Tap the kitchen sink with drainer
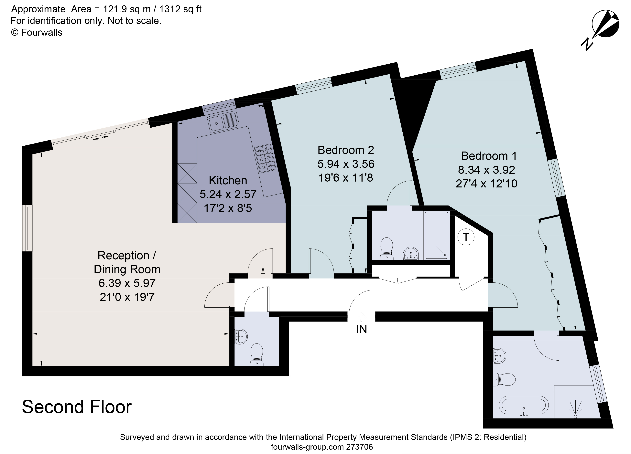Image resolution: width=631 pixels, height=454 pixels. pyautogui.click(x=223, y=121)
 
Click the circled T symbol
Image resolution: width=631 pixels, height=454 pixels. pyautogui.click(x=466, y=237)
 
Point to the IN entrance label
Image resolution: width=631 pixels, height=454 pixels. pyautogui.click(x=361, y=329)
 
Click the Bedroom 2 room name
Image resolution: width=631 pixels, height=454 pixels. pyautogui.click(x=346, y=150)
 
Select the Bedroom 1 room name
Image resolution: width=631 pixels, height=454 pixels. pyautogui.click(x=489, y=156)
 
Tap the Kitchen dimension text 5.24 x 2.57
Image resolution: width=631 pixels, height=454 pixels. pyautogui.click(x=228, y=194)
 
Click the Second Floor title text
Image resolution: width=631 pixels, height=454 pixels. pyautogui.click(x=77, y=407)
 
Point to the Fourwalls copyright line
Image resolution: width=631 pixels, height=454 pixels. pyautogui.click(x=37, y=33)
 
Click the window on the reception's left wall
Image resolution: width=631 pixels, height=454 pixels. pyautogui.click(x=27, y=228)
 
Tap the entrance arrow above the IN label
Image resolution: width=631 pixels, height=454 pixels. pyautogui.click(x=361, y=316)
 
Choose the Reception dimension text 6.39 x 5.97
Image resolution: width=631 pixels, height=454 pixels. pyautogui.click(x=127, y=283)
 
